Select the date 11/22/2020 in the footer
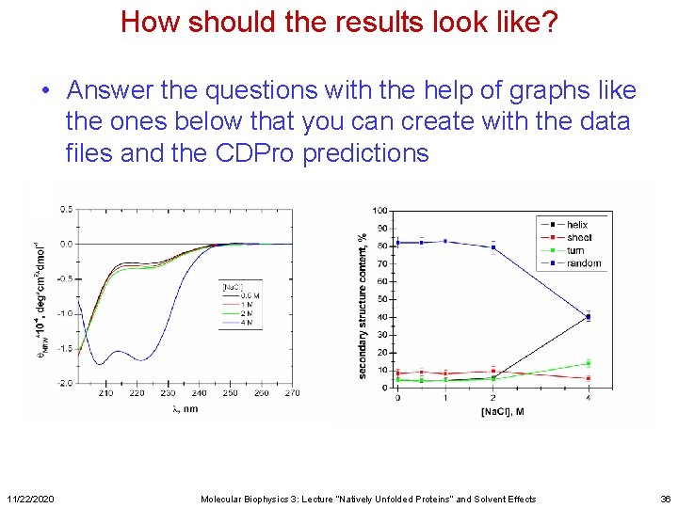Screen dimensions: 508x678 pos(30,499)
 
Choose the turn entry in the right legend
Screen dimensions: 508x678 pos(574,251)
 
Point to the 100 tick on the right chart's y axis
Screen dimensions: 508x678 pos(379,210)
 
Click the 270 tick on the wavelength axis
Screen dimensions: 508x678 pos(292,393)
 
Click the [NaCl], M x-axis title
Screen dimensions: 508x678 pos(504,411)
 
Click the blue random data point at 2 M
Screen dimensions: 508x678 pos(492,248)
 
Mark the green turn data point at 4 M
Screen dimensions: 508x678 pos(589,363)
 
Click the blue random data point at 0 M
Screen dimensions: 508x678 pos(397,243)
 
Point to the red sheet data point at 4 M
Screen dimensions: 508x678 pos(589,378)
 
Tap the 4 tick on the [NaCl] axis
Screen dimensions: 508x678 pos(589,398)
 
